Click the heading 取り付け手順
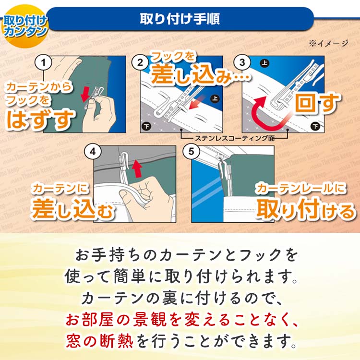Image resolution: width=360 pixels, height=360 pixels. click(180, 20)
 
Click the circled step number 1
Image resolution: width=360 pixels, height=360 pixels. click(44, 62)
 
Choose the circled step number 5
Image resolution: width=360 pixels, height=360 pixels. click(192, 152)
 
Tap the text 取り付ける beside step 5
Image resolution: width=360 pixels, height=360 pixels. click(306, 208)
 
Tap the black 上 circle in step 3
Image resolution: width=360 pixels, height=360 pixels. click(264, 63)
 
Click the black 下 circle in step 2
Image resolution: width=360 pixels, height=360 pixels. click(146, 127)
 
